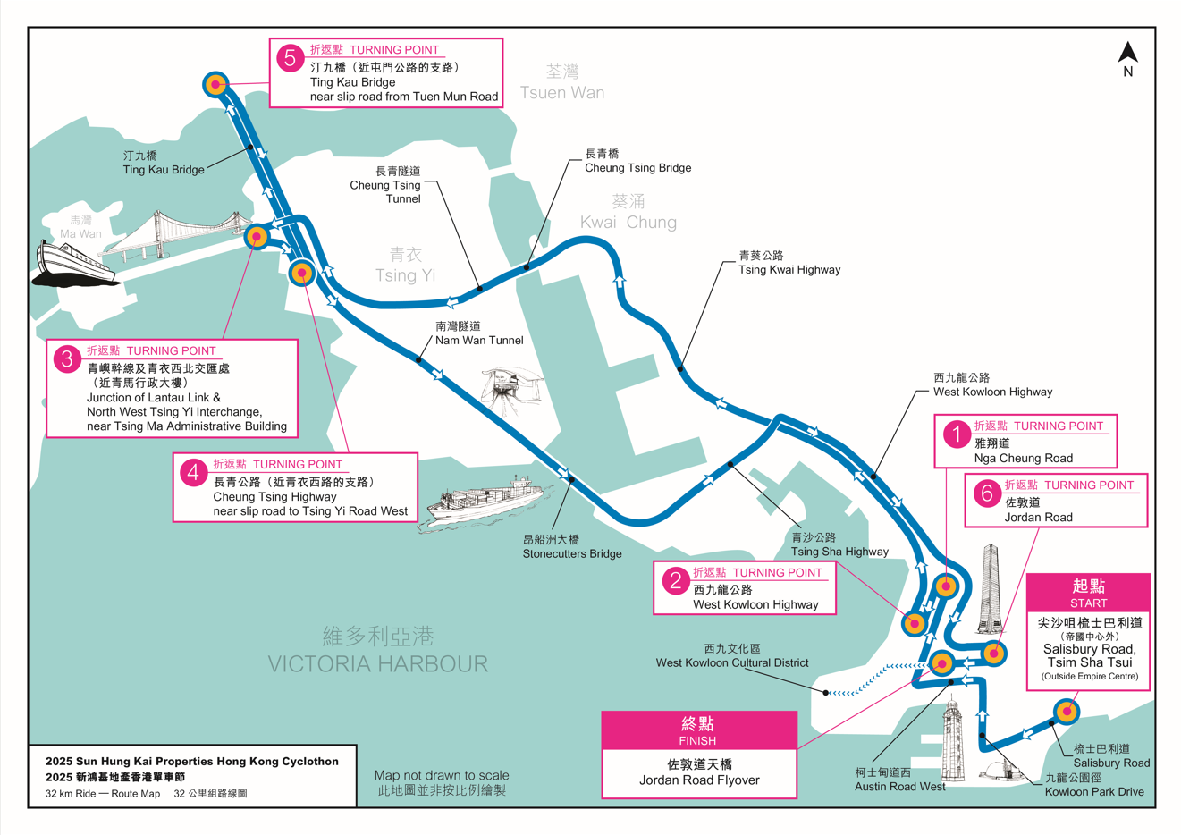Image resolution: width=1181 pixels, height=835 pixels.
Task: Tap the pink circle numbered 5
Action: click(x=290, y=58)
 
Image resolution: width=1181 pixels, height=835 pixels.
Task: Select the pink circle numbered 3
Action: click(x=67, y=359)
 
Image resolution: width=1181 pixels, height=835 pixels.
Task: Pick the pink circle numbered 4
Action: click(x=193, y=472)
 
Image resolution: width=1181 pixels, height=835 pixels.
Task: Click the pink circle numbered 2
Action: click(x=675, y=581)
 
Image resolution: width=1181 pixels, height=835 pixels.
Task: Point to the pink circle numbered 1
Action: click(x=956, y=434)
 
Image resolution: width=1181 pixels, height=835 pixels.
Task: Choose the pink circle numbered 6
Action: click(x=986, y=493)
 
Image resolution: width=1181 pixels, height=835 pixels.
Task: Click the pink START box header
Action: click(x=1088, y=592)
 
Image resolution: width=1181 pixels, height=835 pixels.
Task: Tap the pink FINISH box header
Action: click(x=698, y=730)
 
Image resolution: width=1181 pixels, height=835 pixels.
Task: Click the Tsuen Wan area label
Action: click(x=561, y=82)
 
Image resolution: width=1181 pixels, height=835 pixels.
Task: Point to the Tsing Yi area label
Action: click(x=405, y=266)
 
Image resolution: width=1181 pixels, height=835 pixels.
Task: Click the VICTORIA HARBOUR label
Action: click(x=378, y=651)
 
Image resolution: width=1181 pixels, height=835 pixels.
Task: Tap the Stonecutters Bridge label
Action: click(x=572, y=547)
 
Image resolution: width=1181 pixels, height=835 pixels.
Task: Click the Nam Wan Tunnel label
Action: click(x=479, y=333)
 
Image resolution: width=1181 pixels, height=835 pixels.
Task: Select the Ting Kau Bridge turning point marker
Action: click(x=215, y=85)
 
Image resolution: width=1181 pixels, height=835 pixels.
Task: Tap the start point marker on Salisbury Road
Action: click(x=1065, y=712)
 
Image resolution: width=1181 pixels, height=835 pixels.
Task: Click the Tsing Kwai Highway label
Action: click(x=789, y=263)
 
